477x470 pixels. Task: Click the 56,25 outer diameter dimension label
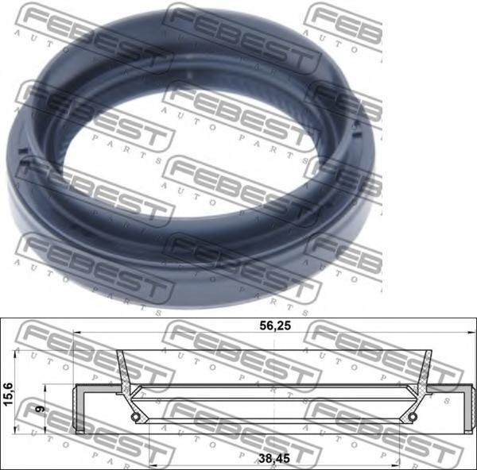coord(275,326)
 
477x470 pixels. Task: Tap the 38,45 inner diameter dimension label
coord(274,458)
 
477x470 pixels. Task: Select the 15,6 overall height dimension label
coord(8,394)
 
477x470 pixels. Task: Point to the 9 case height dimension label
coord(40,409)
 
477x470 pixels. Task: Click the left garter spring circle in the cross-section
coord(136,417)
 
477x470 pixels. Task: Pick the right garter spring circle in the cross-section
coord(412,417)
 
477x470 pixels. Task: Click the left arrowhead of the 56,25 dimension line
coord(77,333)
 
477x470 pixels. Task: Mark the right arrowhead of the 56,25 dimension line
coord(473,333)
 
